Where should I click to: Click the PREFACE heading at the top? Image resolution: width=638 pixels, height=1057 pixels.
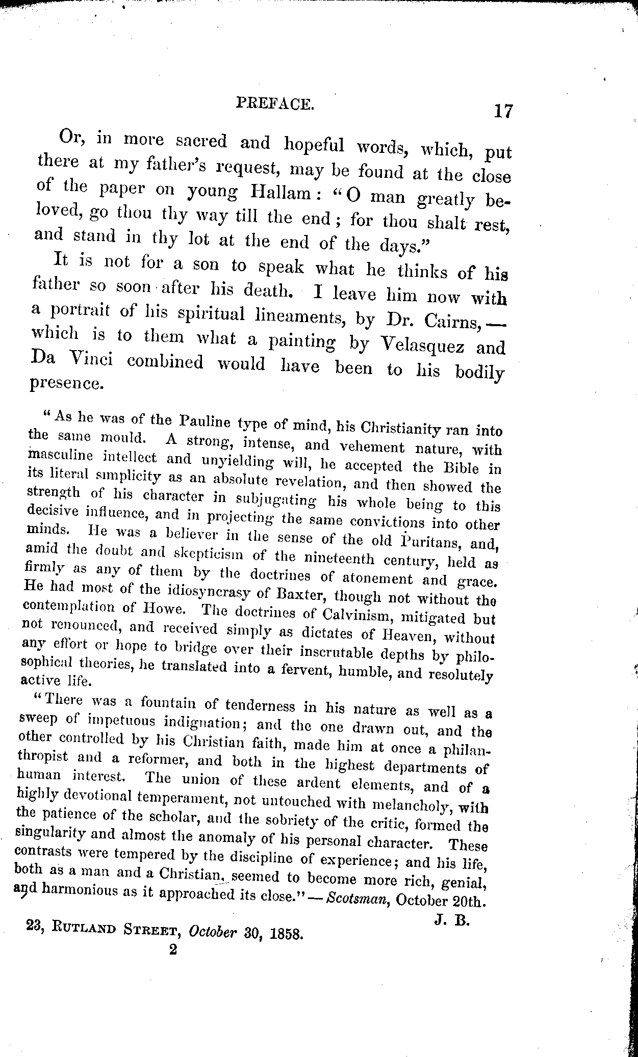(275, 104)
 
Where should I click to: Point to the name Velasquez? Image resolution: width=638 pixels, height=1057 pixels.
(423, 345)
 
